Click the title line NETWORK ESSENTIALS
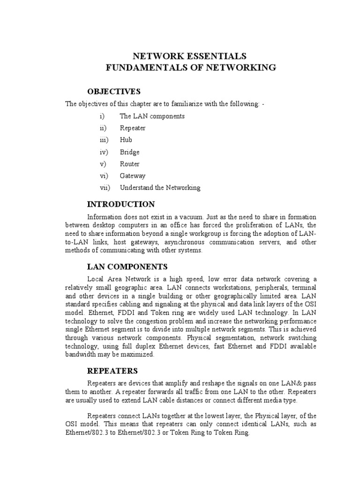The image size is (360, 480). (x=190, y=56)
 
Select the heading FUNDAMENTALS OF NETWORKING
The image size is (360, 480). (x=190, y=68)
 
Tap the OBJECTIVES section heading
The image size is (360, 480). (x=114, y=91)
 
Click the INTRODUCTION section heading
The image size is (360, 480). (x=121, y=204)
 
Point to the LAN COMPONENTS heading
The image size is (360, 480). (x=127, y=267)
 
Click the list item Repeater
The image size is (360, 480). (x=133, y=128)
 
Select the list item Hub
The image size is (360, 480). (x=126, y=140)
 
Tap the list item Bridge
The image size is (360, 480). (x=130, y=152)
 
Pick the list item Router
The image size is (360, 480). (x=130, y=164)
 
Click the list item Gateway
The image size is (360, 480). (x=133, y=176)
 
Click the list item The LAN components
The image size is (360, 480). (x=152, y=116)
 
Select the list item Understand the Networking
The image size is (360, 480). (x=160, y=187)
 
